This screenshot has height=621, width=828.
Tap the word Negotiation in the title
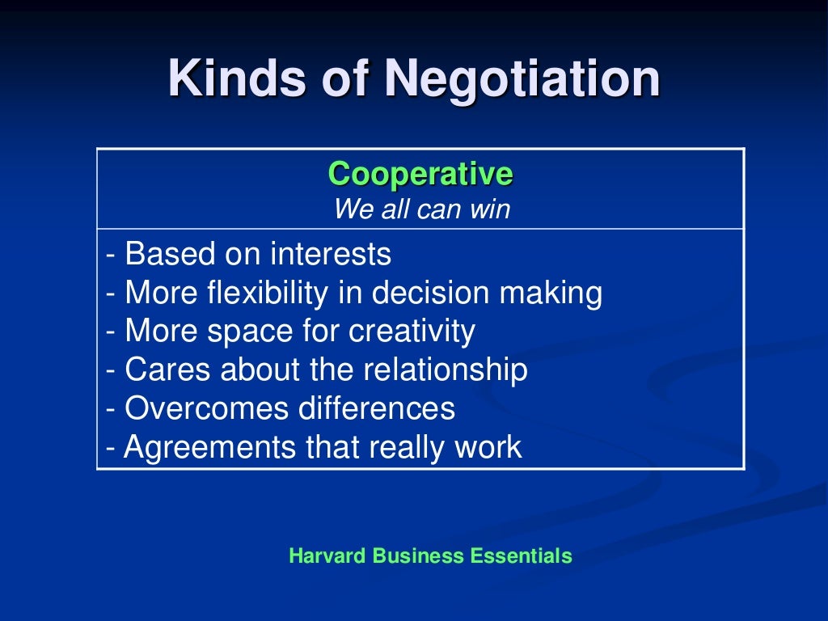click(522, 80)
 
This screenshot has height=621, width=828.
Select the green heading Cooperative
click(420, 174)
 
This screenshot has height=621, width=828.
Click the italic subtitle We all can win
click(421, 209)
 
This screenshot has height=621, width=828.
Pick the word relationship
click(445, 370)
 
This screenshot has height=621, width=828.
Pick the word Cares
click(157, 370)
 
